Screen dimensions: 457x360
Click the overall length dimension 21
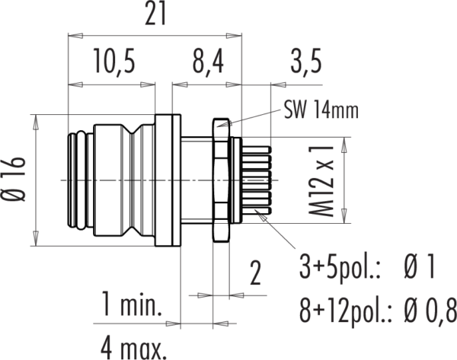point(155,14)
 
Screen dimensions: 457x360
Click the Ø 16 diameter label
point(14,180)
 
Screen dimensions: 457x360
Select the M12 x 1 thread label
point(321,180)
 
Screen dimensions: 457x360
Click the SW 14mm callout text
point(321,110)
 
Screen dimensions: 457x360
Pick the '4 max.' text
point(134,348)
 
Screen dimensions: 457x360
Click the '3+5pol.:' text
point(340,268)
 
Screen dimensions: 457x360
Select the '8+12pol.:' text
point(345,311)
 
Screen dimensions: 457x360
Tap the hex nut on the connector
point(221,180)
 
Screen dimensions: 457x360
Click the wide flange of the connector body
point(168,180)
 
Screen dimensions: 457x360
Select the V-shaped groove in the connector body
point(132,180)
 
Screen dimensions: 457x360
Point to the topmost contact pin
point(257,150)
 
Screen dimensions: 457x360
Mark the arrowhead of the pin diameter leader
point(260,215)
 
